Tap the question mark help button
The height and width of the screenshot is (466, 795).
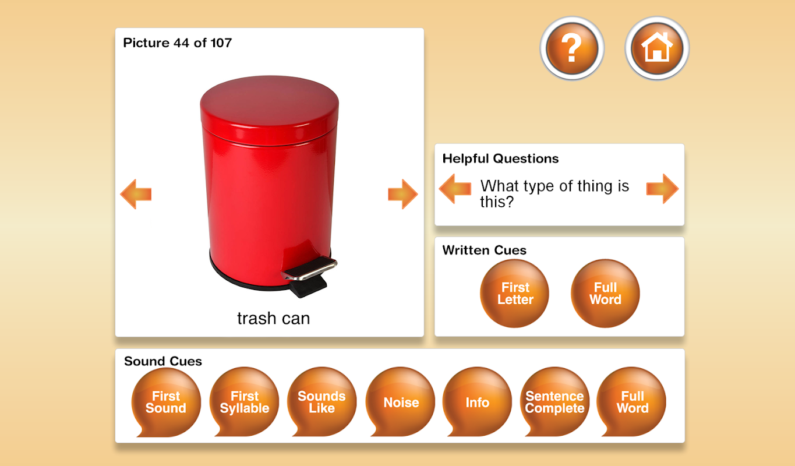pyautogui.click(x=572, y=48)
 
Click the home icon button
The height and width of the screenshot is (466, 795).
pyautogui.click(x=657, y=48)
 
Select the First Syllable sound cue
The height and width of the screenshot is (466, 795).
pyautogui.click(x=244, y=402)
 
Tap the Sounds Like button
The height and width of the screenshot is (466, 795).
pyautogui.click(x=321, y=402)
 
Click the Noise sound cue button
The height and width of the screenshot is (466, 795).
pyautogui.click(x=400, y=402)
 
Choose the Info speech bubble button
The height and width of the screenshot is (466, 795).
pyautogui.click(x=478, y=402)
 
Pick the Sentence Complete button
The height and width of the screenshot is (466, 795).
pyautogui.click(x=554, y=402)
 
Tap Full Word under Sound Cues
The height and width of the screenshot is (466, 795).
pyautogui.click(x=632, y=402)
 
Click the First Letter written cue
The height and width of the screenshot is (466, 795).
pyautogui.click(x=515, y=293)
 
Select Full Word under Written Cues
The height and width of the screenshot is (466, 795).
pyautogui.click(x=606, y=293)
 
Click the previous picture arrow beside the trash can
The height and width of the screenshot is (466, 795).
pyautogui.click(x=136, y=194)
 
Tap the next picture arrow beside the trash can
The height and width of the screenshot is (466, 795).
pyautogui.click(x=403, y=194)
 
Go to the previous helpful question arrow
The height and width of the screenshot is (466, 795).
pyautogui.click(x=455, y=189)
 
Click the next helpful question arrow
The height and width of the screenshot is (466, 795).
pyautogui.click(x=663, y=189)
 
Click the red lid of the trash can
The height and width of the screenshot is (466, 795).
pyautogui.click(x=270, y=107)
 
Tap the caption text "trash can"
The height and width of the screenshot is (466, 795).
pyautogui.click(x=274, y=319)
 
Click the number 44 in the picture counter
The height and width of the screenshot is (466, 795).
pyautogui.click(x=181, y=43)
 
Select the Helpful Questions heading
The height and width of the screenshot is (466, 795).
pyautogui.click(x=500, y=158)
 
